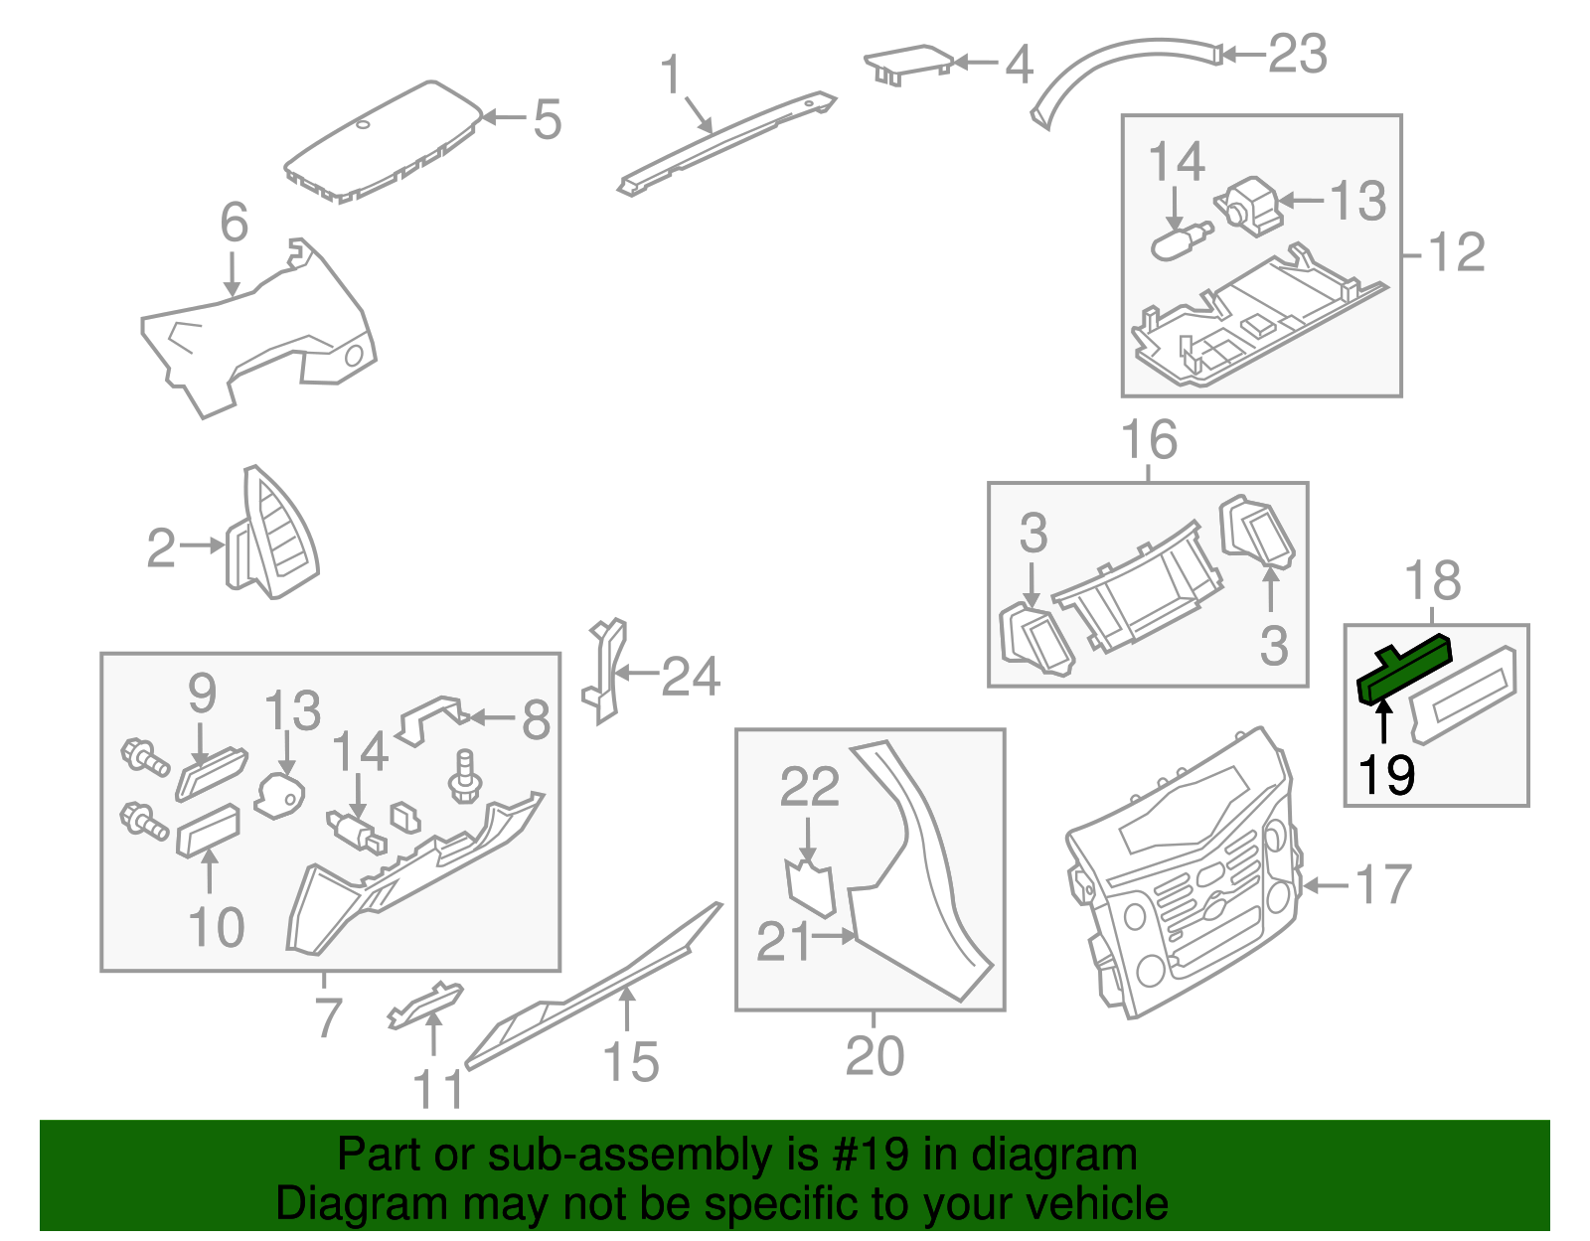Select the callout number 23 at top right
pyautogui.click(x=1298, y=54)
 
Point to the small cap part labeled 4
pyautogui.click(x=908, y=62)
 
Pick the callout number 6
pyautogui.click(x=234, y=223)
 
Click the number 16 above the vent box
pyautogui.click(x=1149, y=439)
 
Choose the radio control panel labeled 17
pyautogui.click(x=1183, y=874)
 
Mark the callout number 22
pyautogui.click(x=809, y=787)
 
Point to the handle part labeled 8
pyautogui.click(x=430, y=717)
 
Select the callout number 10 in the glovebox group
pyautogui.click(x=216, y=927)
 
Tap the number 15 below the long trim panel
pyautogui.click(x=631, y=1061)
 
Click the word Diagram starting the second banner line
pyautogui.click(x=335, y=1204)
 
